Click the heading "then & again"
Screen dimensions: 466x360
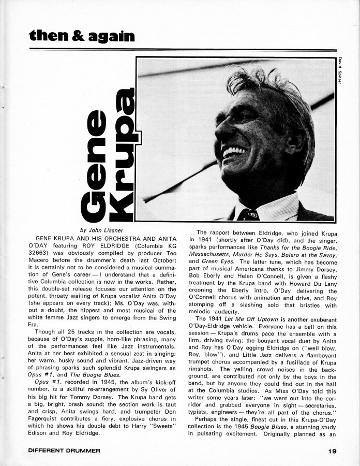82,35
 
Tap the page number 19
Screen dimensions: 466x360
332,450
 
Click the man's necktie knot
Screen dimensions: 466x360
248,214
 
